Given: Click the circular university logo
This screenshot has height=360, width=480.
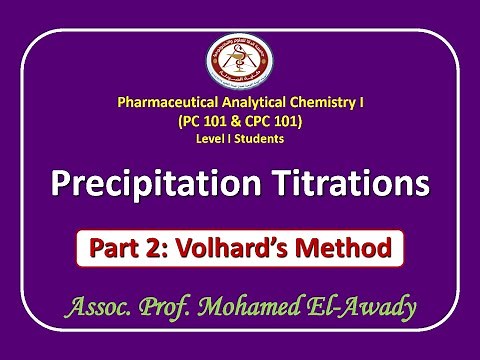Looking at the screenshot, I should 240,62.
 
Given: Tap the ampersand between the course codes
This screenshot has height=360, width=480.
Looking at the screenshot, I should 237,121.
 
